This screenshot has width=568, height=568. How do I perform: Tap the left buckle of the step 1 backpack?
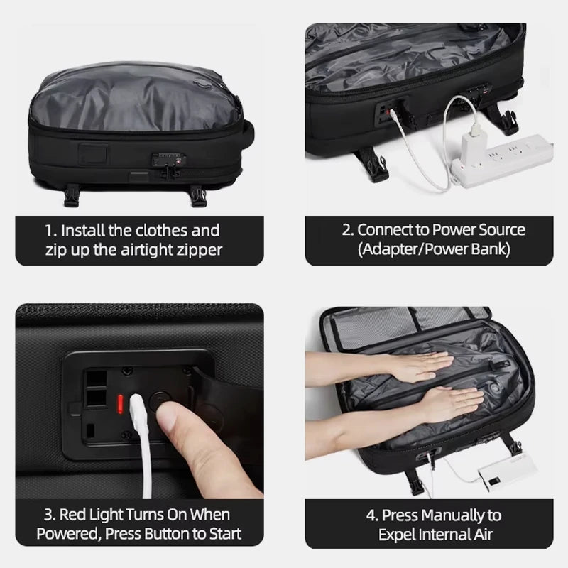tap(71, 196)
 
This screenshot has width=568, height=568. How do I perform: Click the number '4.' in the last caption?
tap(371, 515)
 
